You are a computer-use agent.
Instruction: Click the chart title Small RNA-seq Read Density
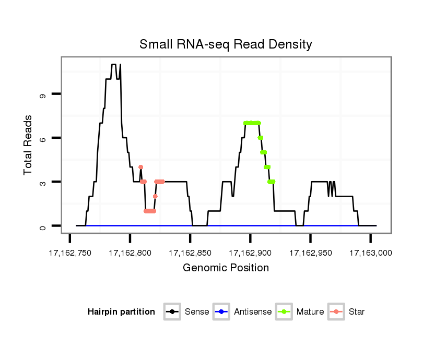coord(226,44)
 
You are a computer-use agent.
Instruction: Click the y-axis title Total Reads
coord(29,145)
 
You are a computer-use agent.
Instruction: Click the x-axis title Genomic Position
coord(226,268)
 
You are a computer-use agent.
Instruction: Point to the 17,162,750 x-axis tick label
coord(69,253)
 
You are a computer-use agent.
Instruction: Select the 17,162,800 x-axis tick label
coord(130,253)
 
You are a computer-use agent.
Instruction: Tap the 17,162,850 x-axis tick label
coord(190,253)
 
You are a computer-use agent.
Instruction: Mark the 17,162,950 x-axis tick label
coord(311,253)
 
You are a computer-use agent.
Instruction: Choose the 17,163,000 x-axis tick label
coord(371,253)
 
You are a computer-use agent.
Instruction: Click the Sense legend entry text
coord(197,312)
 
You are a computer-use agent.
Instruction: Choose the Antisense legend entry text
coord(253,312)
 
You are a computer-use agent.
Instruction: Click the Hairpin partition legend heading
coord(121,312)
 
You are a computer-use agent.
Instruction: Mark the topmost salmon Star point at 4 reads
coord(140,167)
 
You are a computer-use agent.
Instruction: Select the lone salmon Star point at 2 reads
coord(155,196)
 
